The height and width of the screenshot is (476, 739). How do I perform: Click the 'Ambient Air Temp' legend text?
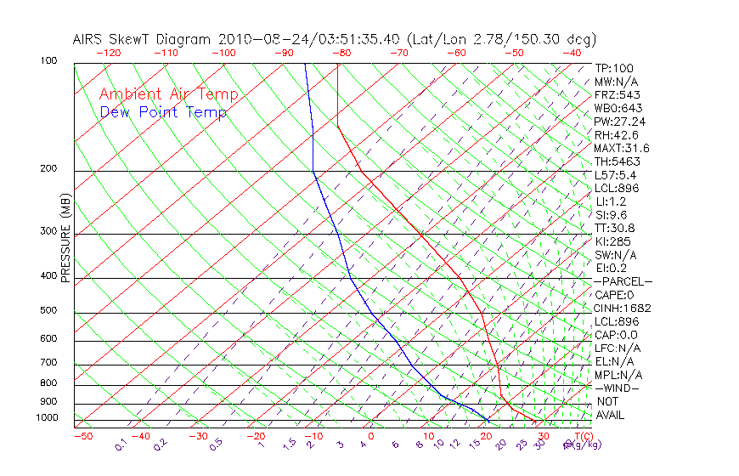coord(168,94)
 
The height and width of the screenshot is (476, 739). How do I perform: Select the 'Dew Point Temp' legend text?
coord(163,112)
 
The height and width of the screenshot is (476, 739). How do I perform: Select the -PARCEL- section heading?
coord(623,281)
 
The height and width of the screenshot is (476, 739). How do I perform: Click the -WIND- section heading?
coord(618,388)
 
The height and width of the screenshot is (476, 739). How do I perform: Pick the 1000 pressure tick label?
coord(48,418)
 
